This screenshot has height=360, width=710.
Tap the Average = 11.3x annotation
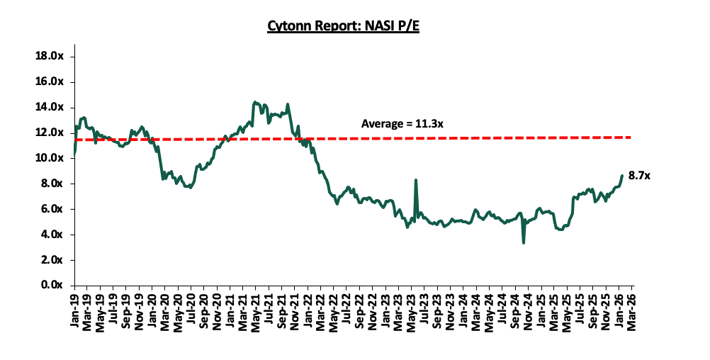pos(402,124)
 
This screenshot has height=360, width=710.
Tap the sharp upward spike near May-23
pos(415,180)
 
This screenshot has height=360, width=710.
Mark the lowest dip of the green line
pos(524,243)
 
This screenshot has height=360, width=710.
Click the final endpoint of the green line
pos(622,176)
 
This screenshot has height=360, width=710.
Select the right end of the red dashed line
pos(631,137)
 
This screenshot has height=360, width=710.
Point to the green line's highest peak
pos(254,102)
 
